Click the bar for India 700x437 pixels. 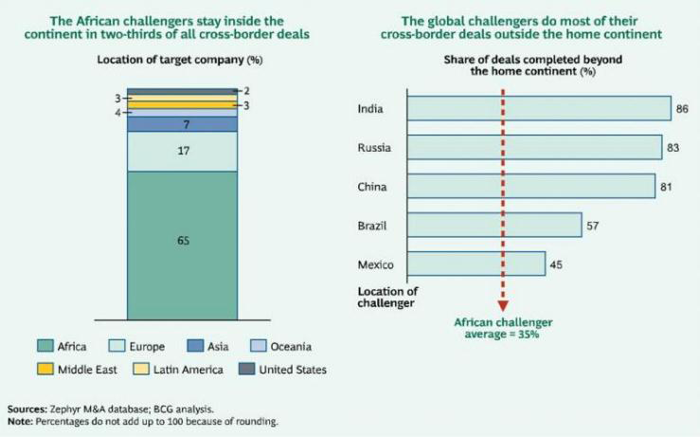coord(538,109)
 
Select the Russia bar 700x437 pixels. coord(533,148)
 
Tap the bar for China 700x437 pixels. coord(530,186)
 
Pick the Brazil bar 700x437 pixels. coord(494,225)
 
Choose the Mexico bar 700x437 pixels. coord(476,263)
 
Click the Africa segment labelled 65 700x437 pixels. coord(182,243)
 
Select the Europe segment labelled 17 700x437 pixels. coord(182,151)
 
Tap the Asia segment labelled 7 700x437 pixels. coord(182,124)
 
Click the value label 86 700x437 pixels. coord(682,109)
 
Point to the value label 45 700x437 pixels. coord(556,264)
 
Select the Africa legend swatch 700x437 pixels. coord(44,347)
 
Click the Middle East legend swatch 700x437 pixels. coord(44,369)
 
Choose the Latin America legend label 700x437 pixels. coord(188,369)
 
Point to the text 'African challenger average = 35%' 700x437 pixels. coord(504,328)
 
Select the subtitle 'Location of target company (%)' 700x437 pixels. coord(180,61)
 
